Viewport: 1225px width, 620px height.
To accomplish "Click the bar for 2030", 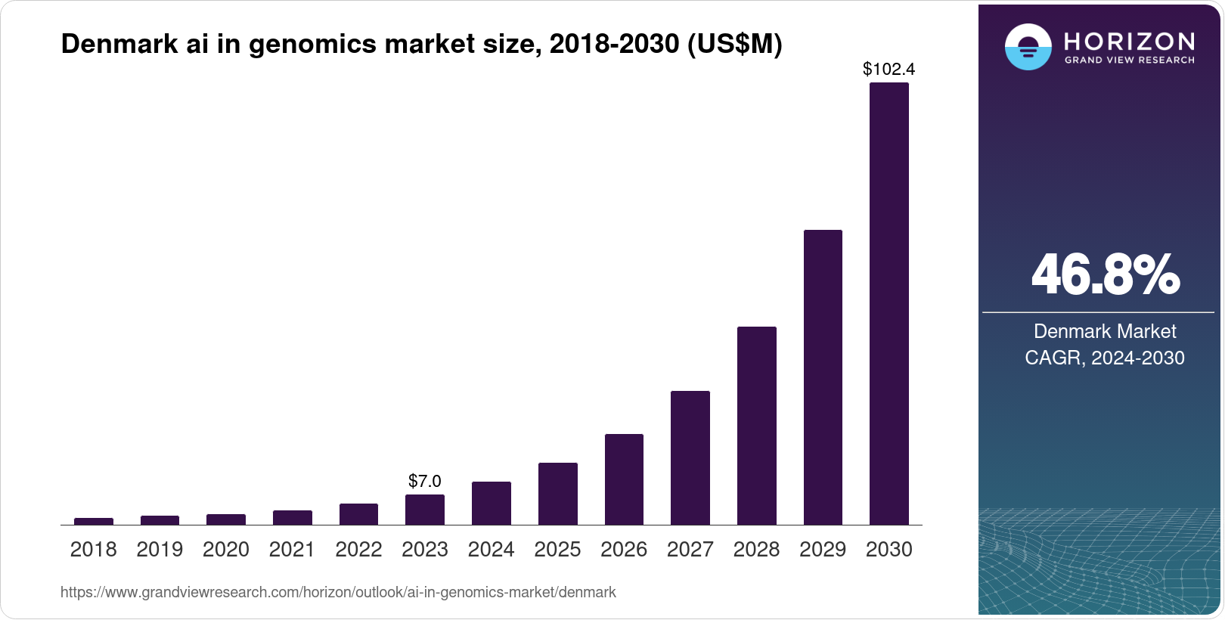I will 889,303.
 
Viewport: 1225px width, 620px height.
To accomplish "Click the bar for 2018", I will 94,521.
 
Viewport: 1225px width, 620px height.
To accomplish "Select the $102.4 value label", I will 889,70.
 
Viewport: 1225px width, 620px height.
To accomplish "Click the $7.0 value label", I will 424,481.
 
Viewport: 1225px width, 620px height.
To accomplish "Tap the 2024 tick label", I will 491,550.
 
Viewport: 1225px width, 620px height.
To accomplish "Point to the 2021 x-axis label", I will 292,550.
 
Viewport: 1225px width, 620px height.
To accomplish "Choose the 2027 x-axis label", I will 690,550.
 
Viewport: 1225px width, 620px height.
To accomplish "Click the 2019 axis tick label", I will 160,550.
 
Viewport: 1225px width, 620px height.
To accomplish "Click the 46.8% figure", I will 1105,274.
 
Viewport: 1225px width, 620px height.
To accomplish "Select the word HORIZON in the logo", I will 1129,41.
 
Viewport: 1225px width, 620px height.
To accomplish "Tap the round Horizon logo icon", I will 1028,47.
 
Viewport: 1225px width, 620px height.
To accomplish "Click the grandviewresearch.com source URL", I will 338,592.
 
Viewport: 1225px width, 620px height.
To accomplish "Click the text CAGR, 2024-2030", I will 1104,358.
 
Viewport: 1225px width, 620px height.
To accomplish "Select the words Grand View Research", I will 1129,60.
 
